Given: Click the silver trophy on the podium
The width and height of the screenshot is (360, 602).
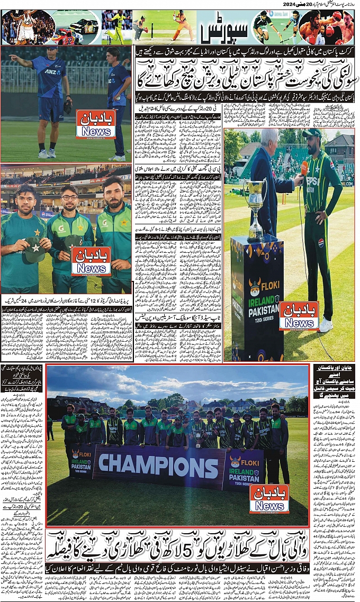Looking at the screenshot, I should pyautogui.click(x=256, y=206).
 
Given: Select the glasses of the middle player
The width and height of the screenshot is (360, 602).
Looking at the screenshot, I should pyautogui.click(x=69, y=198).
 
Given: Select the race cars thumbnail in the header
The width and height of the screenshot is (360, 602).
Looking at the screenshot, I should pyautogui.click(x=77, y=28).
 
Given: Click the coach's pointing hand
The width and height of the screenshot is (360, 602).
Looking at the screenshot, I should pyautogui.click(x=13, y=57).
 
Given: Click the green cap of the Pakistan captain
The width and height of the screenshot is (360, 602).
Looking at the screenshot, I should pyautogui.click(x=312, y=133).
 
